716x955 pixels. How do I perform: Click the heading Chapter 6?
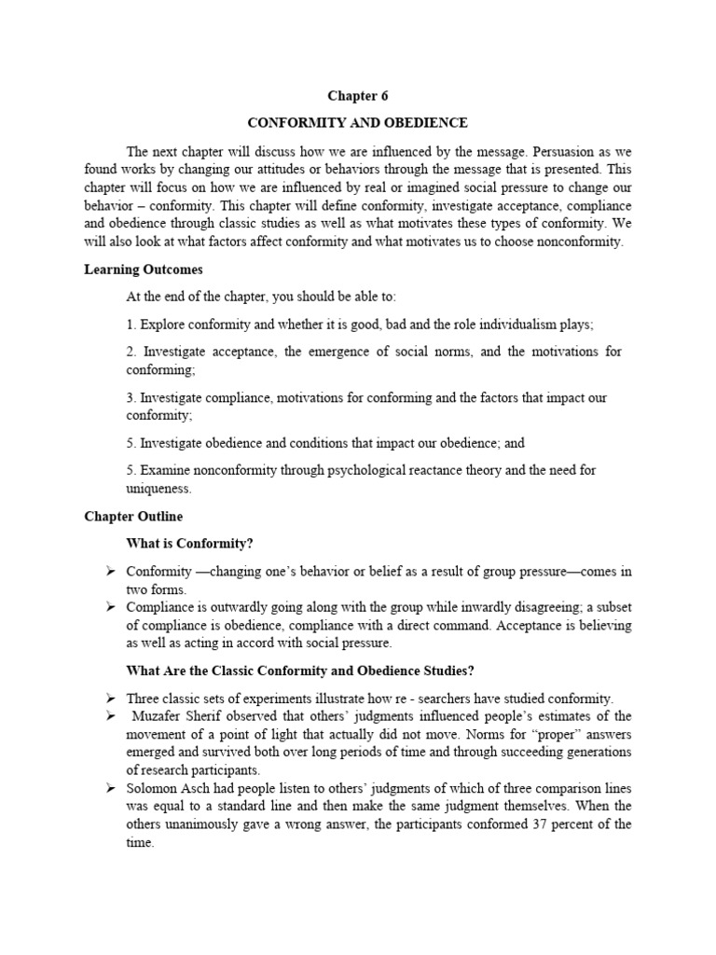coord(357,95)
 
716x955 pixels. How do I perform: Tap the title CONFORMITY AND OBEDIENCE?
coord(357,123)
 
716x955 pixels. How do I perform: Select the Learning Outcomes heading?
coord(144,270)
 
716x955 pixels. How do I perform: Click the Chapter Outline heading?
coord(133,516)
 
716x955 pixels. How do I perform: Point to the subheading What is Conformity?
coord(189,543)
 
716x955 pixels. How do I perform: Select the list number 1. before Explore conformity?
coord(131,324)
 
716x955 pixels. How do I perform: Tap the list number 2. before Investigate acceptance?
coord(131,351)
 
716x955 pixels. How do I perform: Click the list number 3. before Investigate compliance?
coord(131,397)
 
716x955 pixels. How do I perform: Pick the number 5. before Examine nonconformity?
coord(131,470)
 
